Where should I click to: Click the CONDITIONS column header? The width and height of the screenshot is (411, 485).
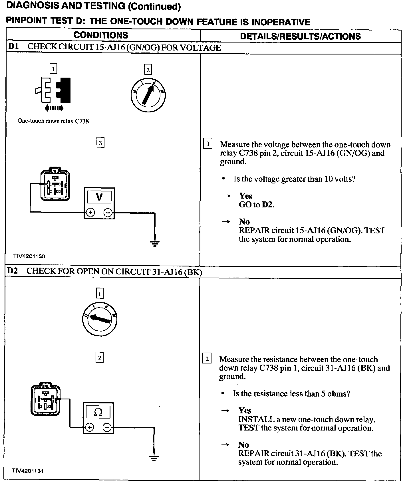(101, 35)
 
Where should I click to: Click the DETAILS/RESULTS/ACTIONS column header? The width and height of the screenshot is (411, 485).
(300, 36)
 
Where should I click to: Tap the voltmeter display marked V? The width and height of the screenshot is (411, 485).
(99, 197)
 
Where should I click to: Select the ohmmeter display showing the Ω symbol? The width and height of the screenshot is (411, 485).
(98, 412)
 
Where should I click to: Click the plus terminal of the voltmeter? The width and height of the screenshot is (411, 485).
(90, 213)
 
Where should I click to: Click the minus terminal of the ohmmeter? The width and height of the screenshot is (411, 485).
(107, 427)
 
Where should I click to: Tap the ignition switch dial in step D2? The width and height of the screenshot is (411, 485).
(99, 319)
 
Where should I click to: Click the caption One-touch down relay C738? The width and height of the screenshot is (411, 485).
(53, 121)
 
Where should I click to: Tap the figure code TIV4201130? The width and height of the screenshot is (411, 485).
(29, 256)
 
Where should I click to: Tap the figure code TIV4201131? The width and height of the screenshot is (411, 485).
(28, 471)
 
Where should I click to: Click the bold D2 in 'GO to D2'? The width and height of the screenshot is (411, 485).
(268, 205)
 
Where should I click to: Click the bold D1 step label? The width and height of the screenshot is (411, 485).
(14, 47)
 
